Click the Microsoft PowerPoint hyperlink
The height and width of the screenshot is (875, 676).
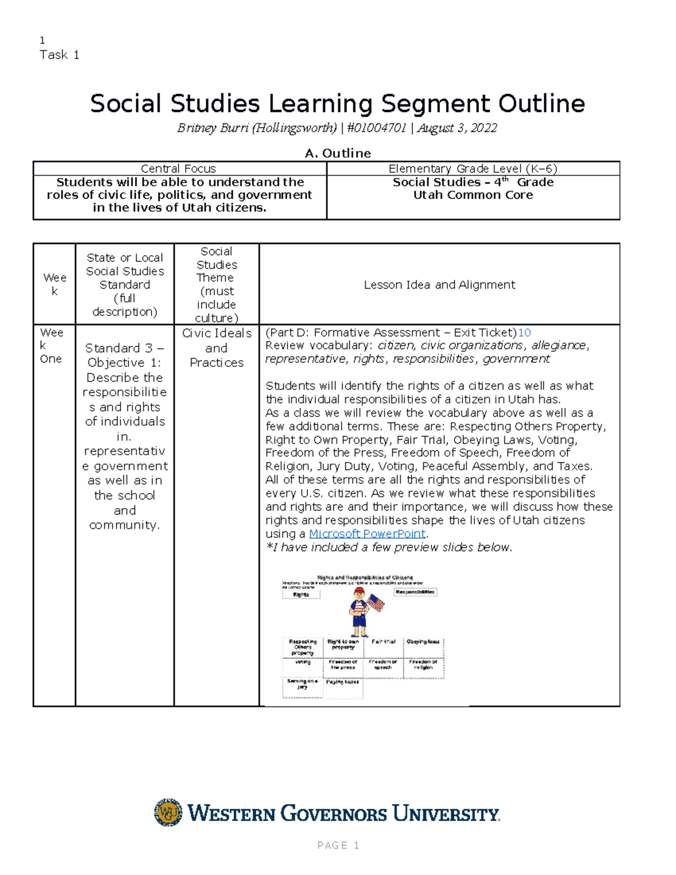coord(367,534)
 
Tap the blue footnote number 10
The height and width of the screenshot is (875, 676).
coord(524,332)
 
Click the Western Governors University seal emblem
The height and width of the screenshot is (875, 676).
coord(168,812)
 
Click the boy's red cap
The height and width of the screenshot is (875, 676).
coord(359,591)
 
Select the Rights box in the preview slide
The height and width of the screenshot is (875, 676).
coord(301,594)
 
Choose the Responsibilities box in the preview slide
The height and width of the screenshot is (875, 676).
coord(415,592)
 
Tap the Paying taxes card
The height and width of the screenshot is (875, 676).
coord(343,683)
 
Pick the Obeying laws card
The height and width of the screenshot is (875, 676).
coord(423,643)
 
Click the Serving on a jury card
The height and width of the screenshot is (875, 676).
coord(303,684)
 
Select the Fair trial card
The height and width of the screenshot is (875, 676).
coord(383,642)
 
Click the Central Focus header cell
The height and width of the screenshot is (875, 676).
coord(179,168)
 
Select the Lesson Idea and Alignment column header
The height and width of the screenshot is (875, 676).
coord(439,285)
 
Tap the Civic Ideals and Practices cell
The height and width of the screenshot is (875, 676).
coord(216,348)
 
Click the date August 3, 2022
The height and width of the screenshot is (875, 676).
coord(457,128)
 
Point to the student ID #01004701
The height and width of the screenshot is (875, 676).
coord(376,128)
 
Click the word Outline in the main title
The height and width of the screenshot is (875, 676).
coord(541,104)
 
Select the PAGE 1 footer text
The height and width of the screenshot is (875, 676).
coord(338,845)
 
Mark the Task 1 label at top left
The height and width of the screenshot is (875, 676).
coord(59,55)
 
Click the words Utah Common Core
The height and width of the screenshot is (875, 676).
coord(473,195)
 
